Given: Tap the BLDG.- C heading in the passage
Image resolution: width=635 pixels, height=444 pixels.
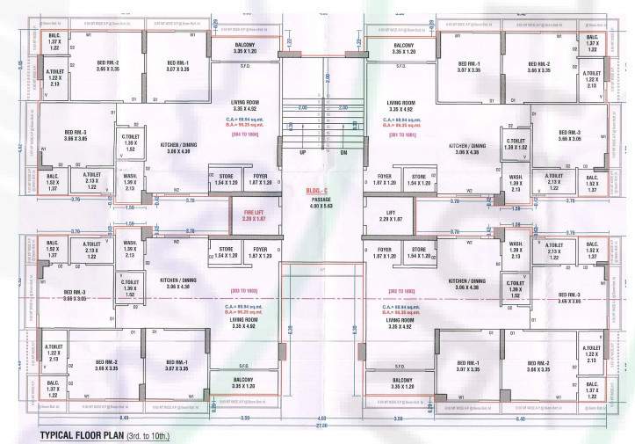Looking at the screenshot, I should click(317, 190).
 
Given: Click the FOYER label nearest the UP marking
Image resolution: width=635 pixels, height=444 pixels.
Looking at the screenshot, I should click(259, 179).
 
